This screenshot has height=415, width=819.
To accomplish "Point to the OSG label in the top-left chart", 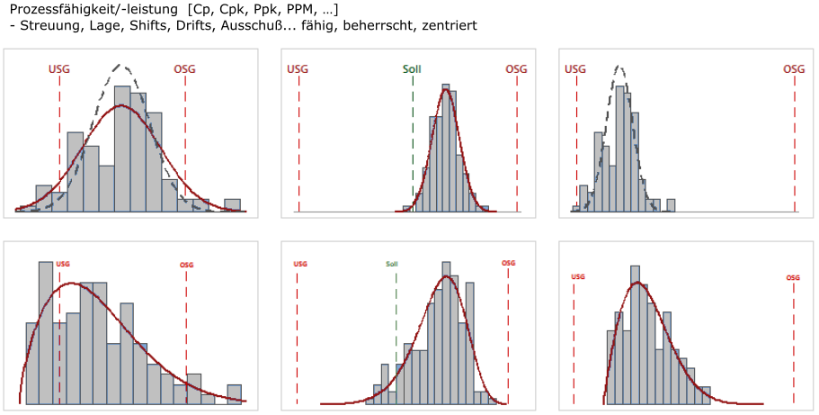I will tap(185, 68).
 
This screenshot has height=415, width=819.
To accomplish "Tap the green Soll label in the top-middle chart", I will tap(412, 69).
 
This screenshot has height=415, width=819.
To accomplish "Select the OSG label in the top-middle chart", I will tap(516, 69).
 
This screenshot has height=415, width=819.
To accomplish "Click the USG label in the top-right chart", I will tap(575, 69).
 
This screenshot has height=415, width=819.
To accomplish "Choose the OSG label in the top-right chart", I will tap(794, 69).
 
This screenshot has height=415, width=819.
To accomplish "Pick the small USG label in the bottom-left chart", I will tap(62, 265).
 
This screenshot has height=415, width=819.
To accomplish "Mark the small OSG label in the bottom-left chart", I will tap(186, 265).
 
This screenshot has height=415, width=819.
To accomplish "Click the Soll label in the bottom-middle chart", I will tap(392, 265).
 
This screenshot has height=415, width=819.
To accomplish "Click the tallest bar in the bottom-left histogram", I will tap(46, 333).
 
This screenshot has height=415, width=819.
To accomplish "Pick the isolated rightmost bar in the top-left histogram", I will tap(232, 205).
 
